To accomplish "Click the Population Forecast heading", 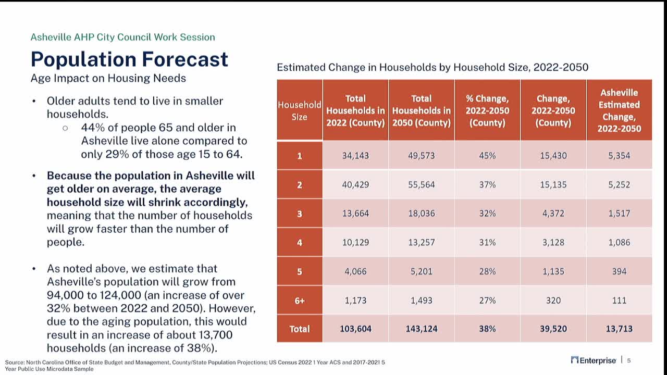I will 129,59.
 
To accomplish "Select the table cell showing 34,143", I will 355,156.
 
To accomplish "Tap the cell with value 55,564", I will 421,184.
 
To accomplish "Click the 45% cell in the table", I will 487,156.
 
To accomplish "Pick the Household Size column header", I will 299,110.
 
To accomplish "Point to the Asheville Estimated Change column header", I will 619,110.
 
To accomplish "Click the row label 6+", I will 299,301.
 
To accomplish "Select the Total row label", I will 299,329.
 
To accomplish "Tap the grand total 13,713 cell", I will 619,329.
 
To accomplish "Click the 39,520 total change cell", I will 553,329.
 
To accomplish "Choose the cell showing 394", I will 619,271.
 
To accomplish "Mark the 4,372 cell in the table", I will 553,214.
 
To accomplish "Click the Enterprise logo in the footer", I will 594,360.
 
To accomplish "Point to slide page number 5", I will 629,360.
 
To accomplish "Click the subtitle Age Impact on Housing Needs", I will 108,79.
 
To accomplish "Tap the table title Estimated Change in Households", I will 432,67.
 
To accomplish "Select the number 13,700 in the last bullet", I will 214,335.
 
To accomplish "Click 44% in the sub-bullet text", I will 92,128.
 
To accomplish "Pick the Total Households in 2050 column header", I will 421,110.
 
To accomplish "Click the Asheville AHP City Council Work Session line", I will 122,37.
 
